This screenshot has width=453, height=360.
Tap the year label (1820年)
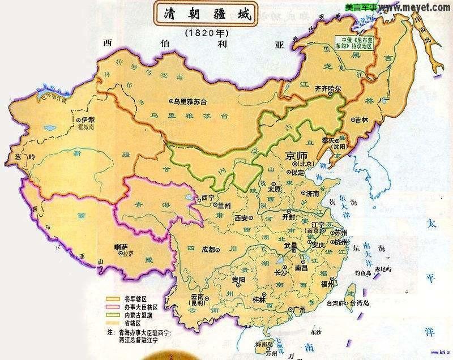pos(207,33)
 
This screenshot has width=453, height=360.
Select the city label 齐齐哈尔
pos(327,89)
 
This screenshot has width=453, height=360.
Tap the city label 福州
pos(343,284)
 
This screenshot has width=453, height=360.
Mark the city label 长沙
pos(280,273)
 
